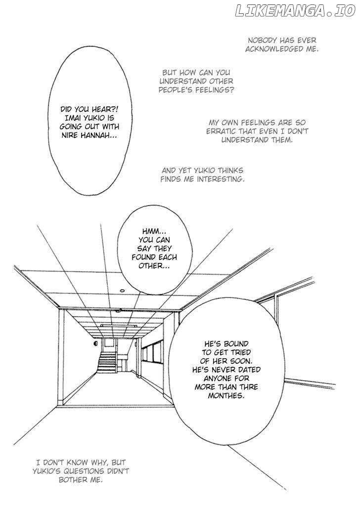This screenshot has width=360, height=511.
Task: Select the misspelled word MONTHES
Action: pos(226,396)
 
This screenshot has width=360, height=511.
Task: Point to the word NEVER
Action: pos(248,370)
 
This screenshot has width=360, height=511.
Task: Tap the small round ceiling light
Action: pos(122,291)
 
